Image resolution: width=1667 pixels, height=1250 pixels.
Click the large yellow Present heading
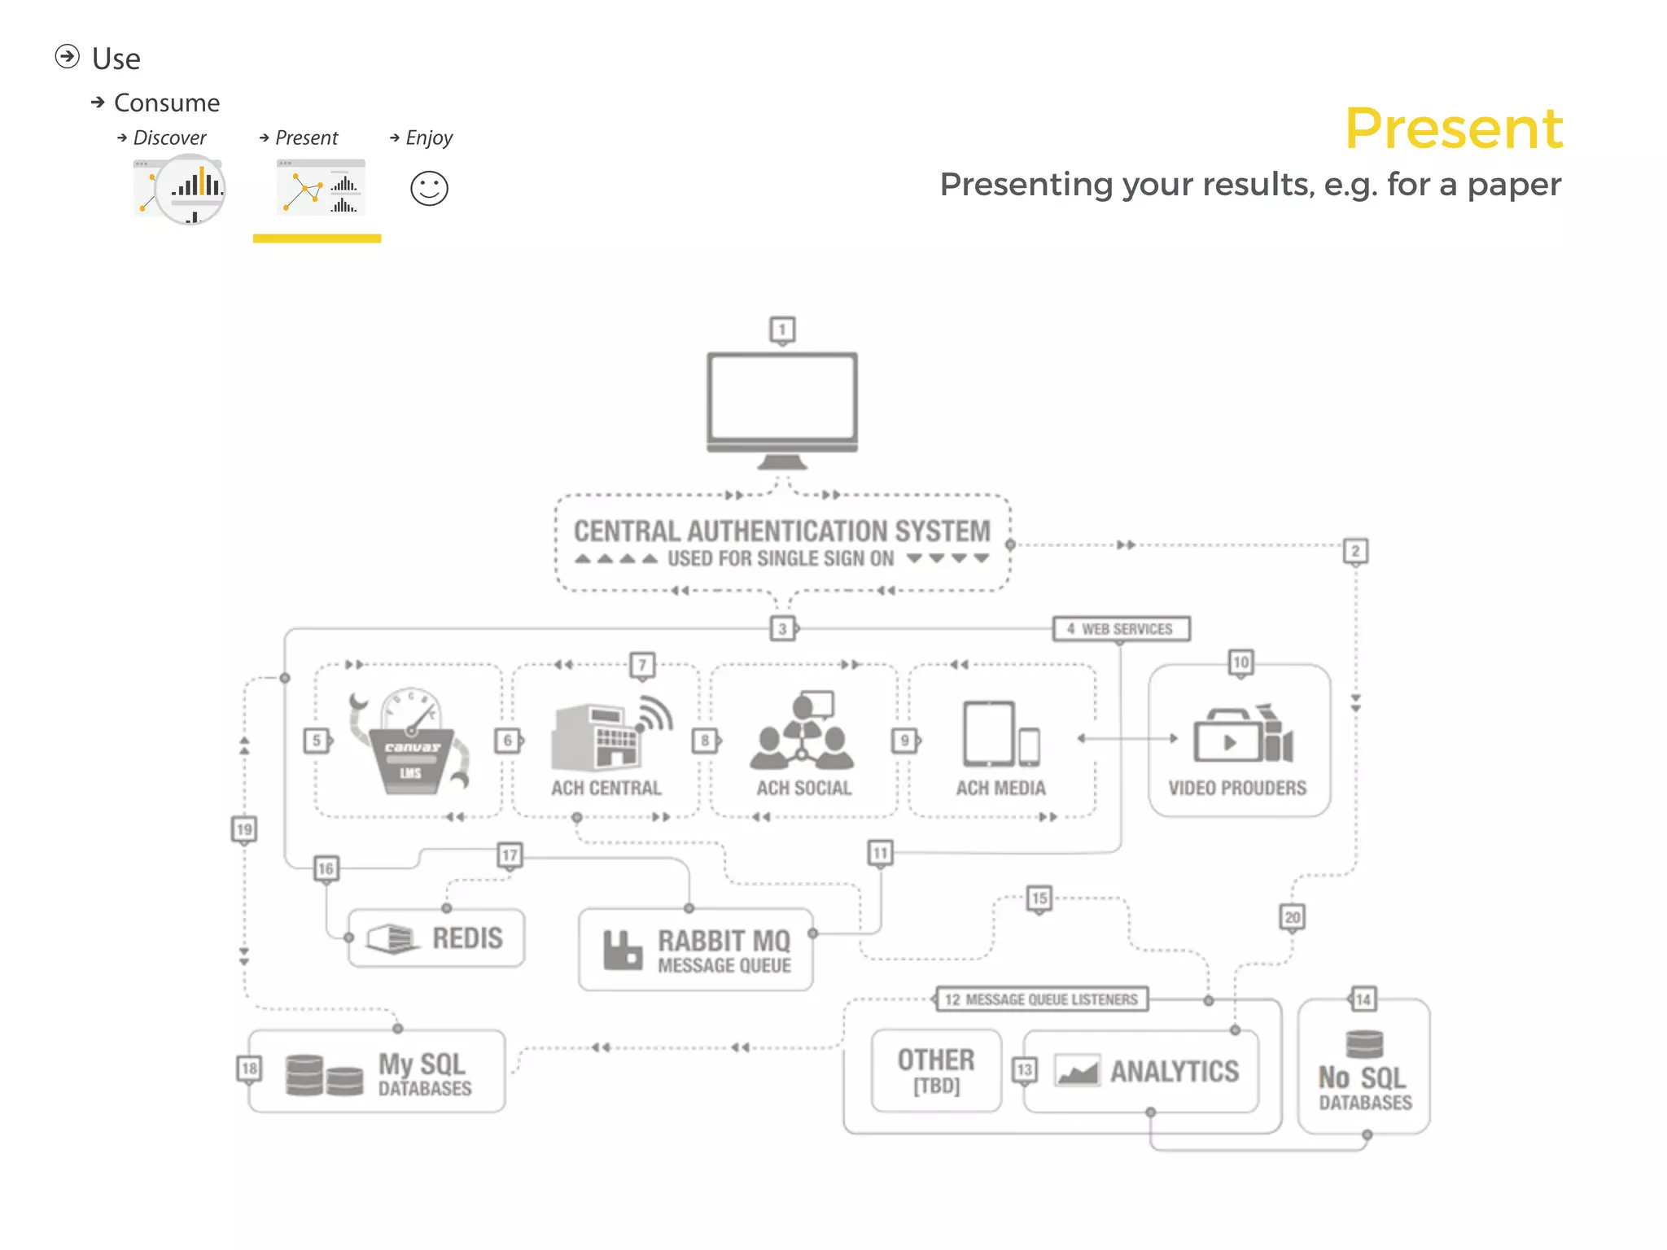(1453, 129)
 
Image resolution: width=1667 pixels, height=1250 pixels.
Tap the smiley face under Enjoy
(429, 189)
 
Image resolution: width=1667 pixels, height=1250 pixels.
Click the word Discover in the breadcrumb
(169, 138)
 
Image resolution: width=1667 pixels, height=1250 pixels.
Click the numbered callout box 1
(782, 330)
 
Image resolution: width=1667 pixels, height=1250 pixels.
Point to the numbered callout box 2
(1355, 551)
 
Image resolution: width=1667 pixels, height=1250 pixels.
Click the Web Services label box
(1121, 629)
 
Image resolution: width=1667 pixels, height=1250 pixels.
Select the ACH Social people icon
(803, 732)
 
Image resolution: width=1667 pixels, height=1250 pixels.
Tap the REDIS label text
(467, 938)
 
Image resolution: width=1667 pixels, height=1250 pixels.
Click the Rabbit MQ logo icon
(623, 950)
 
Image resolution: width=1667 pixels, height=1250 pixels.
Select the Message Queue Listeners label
(1042, 999)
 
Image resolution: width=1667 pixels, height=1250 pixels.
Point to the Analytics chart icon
(1077, 1071)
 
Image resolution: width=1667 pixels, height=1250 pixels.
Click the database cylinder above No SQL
(1364, 1044)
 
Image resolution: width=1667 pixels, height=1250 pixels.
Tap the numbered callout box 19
(244, 829)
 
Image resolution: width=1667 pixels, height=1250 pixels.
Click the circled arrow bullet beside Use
(68, 57)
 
